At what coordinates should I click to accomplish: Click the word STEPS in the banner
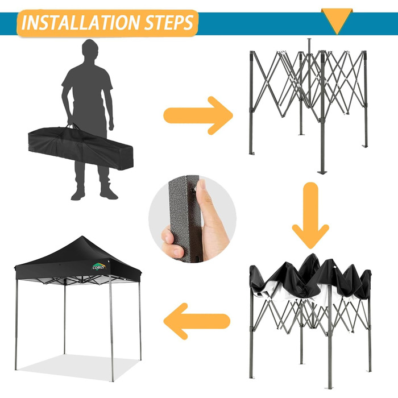[169, 23]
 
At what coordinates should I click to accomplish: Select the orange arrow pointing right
[198, 115]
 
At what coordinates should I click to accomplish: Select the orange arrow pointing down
[310, 215]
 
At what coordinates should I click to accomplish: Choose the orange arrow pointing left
[197, 321]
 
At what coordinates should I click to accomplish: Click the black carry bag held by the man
[81, 148]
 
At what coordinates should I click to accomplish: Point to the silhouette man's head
[89, 49]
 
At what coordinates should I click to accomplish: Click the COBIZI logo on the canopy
[98, 267]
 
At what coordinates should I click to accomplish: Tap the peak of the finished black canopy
[82, 237]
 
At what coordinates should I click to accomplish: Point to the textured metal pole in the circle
[185, 218]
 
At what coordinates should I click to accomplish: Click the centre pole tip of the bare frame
[309, 40]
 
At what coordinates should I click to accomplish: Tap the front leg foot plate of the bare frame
[322, 172]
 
